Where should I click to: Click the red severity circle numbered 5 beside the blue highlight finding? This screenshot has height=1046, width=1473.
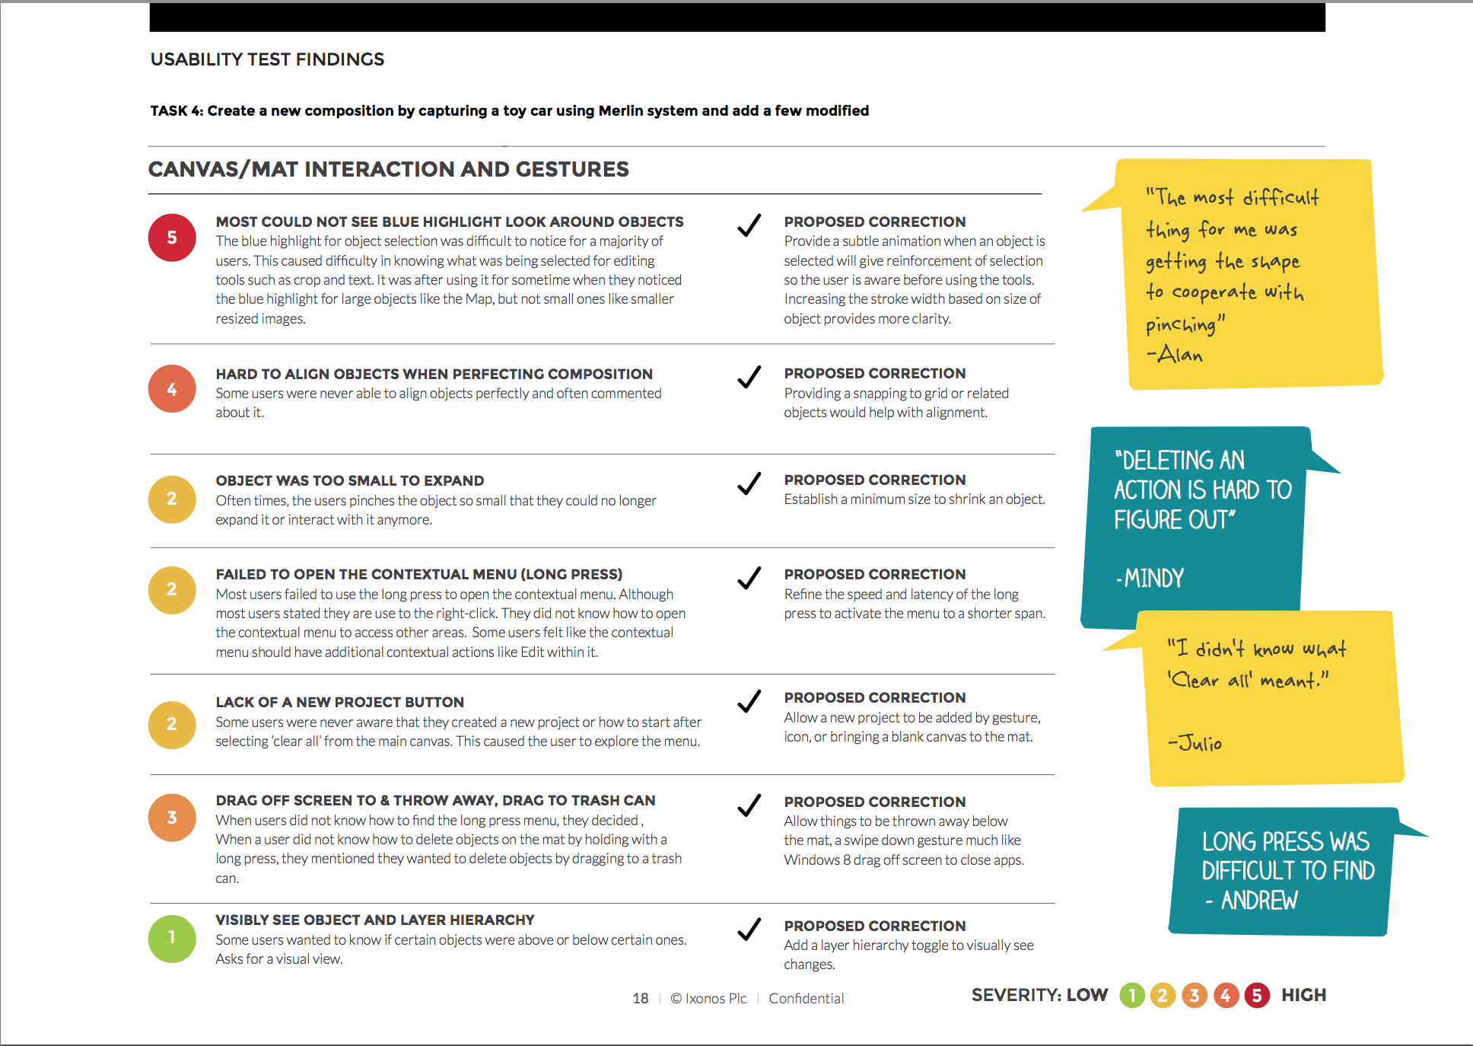(172, 238)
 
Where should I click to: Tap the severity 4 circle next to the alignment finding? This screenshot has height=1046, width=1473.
(172, 389)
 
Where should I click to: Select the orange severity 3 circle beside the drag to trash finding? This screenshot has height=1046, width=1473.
(172, 818)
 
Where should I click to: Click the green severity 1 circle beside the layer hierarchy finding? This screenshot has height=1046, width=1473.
(172, 938)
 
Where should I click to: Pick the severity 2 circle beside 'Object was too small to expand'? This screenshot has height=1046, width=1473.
(172, 499)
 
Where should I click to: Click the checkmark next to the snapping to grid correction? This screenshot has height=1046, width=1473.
(749, 377)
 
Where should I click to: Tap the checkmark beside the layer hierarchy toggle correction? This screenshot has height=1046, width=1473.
(749, 929)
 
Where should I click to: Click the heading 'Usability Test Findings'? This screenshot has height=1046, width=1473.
(267, 59)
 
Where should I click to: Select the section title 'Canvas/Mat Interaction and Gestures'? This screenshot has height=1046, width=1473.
(388, 169)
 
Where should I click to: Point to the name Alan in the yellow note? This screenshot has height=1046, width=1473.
(1180, 354)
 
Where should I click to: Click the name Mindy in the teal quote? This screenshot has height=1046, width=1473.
(1153, 579)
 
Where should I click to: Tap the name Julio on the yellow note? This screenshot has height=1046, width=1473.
(1200, 743)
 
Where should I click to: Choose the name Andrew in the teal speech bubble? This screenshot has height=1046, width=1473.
(1259, 901)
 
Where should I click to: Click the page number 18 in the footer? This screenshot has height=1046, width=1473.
(641, 998)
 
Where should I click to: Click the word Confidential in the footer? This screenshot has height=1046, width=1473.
(806, 998)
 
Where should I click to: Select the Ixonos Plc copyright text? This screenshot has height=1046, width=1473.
(708, 998)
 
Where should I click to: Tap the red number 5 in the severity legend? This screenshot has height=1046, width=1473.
(1257, 995)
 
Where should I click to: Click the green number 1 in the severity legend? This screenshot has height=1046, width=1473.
(1132, 995)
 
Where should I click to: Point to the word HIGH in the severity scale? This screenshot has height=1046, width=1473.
(1303, 995)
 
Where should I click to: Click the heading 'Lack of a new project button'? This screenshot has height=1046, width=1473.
(339, 702)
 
